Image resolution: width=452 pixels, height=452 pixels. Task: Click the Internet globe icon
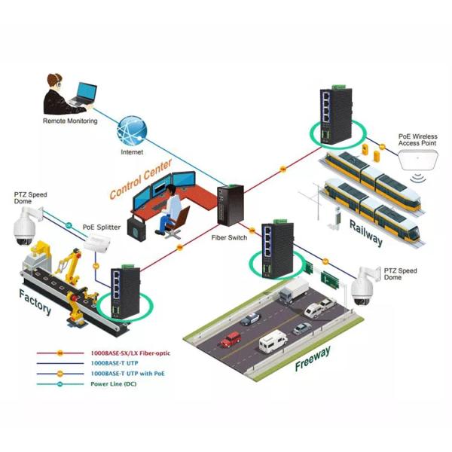pos(133,130)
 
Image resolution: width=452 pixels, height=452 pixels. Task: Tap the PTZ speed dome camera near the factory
pos(25,227)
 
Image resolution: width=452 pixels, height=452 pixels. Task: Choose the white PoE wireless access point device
pos(420,160)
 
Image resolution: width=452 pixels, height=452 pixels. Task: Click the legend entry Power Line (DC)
pos(112,383)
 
